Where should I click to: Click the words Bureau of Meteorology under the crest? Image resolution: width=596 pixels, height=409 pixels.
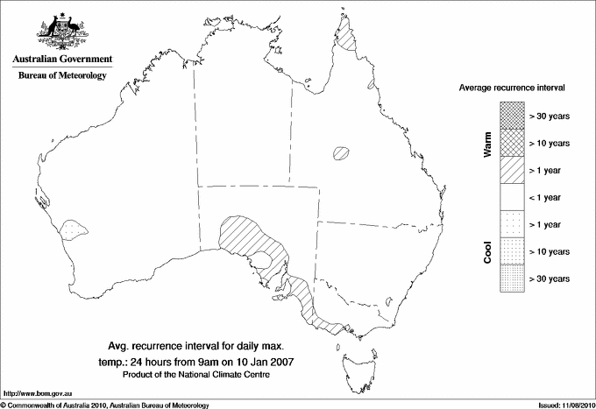pyautogui.click(x=61, y=75)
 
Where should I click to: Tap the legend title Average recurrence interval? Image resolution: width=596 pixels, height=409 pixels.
pyautogui.click(x=512, y=88)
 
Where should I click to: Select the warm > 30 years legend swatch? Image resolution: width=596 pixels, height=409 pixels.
pyautogui.click(x=511, y=114)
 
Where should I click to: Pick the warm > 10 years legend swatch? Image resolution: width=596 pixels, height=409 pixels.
pyautogui.click(x=511, y=142)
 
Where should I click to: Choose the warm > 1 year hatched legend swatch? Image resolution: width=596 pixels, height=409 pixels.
pyautogui.click(x=511, y=169)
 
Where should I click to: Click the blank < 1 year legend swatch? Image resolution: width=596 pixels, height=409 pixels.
pyautogui.click(x=511, y=197)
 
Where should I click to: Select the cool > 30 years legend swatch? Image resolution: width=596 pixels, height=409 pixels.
pyautogui.click(x=511, y=279)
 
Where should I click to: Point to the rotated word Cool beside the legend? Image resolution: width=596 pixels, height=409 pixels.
pyautogui.click(x=487, y=252)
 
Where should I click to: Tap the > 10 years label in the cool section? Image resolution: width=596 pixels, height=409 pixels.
pyautogui.click(x=550, y=251)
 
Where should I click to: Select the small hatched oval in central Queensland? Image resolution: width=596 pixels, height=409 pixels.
pyautogui.click(x=341, y=153)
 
